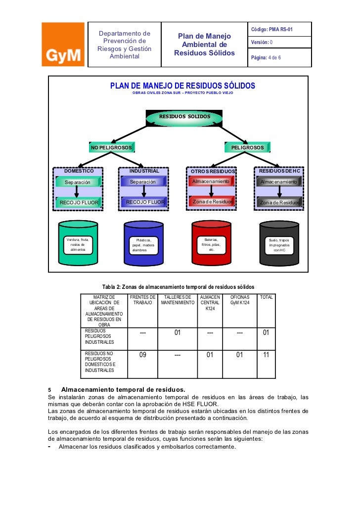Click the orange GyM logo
click(63, 45)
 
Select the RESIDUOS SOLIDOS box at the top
click(184, 117)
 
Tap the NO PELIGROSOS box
click(111, 147)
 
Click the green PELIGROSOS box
click(247, 147)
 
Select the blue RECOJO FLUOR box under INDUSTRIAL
click(144, 202)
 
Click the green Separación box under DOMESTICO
click(78, 182)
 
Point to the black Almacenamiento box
click(279, 182)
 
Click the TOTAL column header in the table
click(266, 297)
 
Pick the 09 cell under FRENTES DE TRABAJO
click(142, 354)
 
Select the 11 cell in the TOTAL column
click(266, 354)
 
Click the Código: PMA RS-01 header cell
click(280, 30)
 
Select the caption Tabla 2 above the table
click(178, 286)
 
